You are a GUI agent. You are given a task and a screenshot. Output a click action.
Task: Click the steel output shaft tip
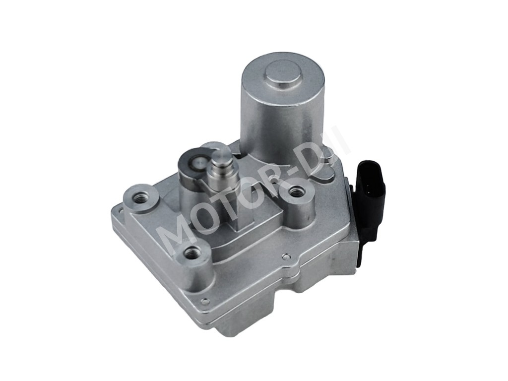(x=221, y=155)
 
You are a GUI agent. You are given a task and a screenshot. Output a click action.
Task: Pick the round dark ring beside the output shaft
(x=195, y=163)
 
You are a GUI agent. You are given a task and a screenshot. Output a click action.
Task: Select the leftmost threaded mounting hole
(x=141, y=196)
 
